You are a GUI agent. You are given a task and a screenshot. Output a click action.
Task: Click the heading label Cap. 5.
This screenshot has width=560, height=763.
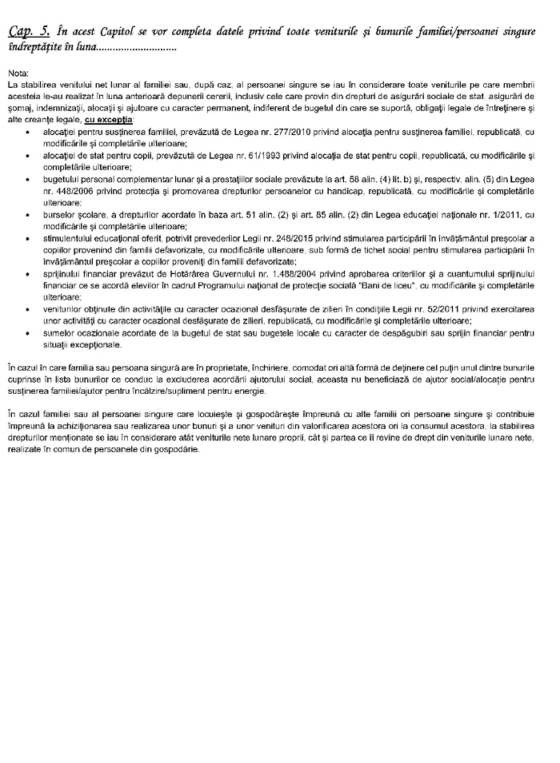[x=26, y=31]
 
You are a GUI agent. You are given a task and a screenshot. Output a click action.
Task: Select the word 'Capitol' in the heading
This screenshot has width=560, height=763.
[x=118, y=31]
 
